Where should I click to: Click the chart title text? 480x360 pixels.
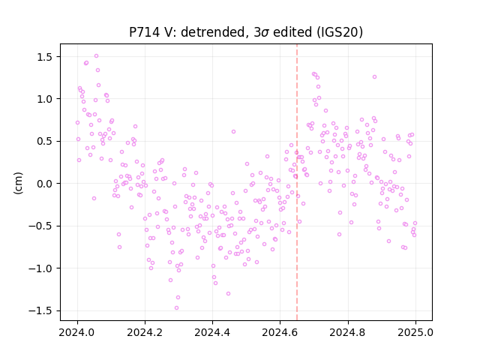coord(246,32)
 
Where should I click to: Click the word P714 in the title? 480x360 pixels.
coord(144,32)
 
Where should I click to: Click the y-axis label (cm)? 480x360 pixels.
coord(18,183)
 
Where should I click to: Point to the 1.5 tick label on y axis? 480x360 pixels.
coord(45,57)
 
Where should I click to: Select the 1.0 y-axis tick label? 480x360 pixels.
coord(45,100)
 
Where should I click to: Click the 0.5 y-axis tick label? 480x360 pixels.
coord(45,142)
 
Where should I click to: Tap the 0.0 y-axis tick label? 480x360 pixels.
coord(45,184)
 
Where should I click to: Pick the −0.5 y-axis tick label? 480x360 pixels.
coord(41,226)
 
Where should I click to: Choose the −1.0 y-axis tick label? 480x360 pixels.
coord(41,268)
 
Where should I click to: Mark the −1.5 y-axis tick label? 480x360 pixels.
coord(41,311)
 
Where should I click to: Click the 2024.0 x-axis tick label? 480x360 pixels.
coord(77,332)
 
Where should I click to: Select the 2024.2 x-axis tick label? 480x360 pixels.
coord(145,332)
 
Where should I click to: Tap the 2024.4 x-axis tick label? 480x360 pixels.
coord(212,332)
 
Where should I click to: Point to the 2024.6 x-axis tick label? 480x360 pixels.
coord(280,332)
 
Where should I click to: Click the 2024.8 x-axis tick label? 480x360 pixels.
coord(348,332)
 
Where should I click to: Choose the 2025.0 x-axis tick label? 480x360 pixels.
coord(415,332)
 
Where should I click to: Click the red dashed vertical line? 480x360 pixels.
coord(297,182)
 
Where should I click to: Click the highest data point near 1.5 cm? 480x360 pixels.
coord(96,56)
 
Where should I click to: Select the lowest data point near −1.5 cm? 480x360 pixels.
coord(176,308)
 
